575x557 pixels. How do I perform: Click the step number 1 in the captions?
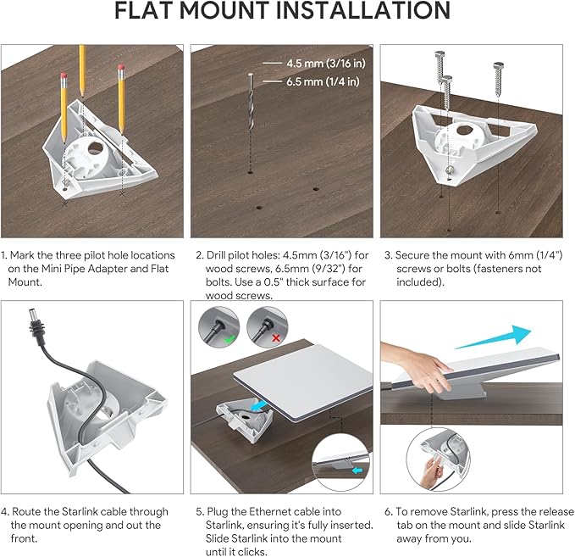[x=4, y=255]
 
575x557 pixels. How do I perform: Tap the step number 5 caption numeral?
[x=199, y=512]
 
